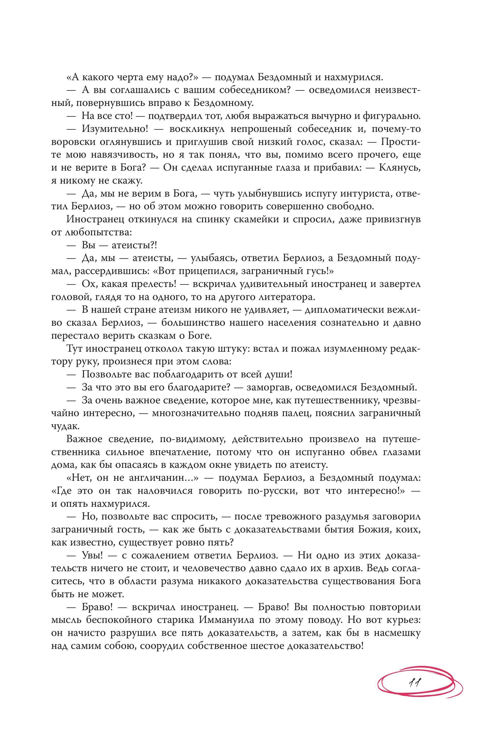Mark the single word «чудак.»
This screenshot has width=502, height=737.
pos(62,427)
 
